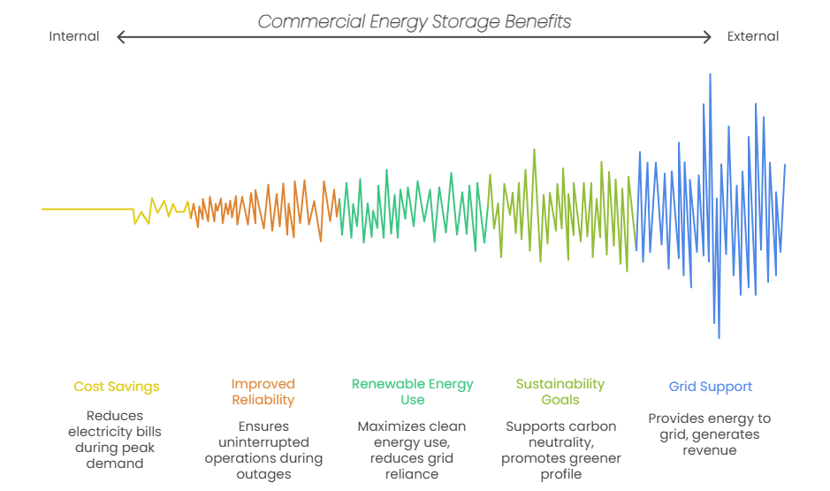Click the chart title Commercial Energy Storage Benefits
[414, 21]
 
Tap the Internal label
[74, 36]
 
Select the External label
[753, 36]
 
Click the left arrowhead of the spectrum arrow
[121, 37]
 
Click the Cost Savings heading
[117, 387]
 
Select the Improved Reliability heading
[263, 392]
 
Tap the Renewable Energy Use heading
[412, 392]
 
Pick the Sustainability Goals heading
[560, 392]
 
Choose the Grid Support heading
[710, 387]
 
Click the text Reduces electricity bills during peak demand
[115, 439]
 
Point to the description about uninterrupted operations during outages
[263, 450]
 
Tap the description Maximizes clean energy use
[412, 450]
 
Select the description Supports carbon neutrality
[560, 450]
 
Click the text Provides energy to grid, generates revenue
[709, 434]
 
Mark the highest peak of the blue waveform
[710, 75]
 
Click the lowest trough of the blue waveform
[719, 337]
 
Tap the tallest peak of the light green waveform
[534, 150]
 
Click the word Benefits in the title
[533, 21]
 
